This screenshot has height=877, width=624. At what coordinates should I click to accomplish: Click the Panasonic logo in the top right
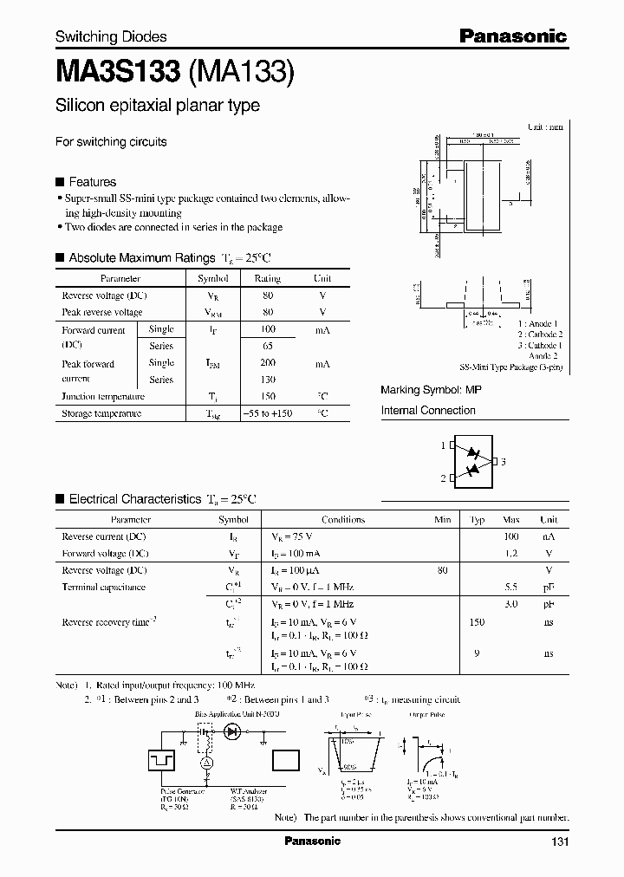pos(512,36)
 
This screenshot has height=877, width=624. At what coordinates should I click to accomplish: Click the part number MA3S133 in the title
pos(117,72)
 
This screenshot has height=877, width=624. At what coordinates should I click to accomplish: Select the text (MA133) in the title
pos(241,72)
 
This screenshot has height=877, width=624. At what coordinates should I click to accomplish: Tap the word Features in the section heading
pos(92,182)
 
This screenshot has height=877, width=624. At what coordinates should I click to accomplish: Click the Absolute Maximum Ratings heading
pos(141,257)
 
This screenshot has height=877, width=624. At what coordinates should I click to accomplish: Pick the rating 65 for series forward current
pos(267,346)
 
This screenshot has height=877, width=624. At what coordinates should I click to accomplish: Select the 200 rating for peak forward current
pos(267,363)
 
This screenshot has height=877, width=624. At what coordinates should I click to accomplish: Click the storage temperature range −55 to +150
pos(267,413)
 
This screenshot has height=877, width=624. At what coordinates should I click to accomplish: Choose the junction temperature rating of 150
pos(267,396)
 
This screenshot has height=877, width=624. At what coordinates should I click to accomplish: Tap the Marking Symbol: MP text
pos(431,391)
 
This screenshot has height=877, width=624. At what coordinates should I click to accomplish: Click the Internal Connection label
pos(428,411)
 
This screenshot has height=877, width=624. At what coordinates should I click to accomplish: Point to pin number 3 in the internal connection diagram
pos(504,462)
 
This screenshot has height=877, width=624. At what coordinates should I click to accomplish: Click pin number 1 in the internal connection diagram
pos(442,445)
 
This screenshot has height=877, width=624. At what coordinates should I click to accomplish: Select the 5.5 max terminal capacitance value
pos(510,587)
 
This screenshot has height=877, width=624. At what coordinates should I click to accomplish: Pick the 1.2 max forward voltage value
pos(510,553)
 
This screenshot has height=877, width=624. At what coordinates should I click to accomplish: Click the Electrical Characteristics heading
pos(134,499)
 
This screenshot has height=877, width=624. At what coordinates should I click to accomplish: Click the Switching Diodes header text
pos(111,36)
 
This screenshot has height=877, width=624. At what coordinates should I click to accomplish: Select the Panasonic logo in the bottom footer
pos(313,841)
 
